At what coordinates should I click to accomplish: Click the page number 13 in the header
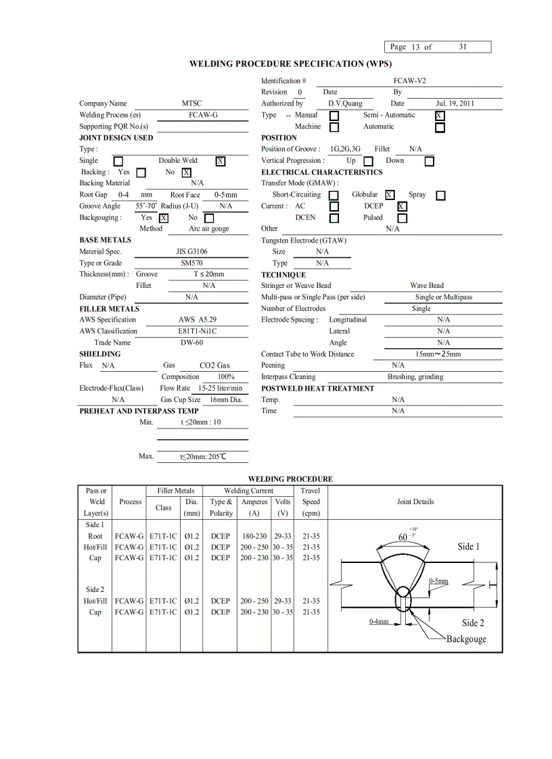click(415, 47)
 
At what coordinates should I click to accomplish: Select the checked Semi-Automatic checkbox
click(440, 116)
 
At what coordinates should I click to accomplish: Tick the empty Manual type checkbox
click(334, 116)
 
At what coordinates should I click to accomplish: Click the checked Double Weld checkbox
click(221, 161)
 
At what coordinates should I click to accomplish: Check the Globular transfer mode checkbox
click(389, 195)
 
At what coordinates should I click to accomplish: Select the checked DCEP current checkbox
click(402, 207)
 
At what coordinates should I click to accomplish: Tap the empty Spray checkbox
click(440, 195)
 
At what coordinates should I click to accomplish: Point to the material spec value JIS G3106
click(191, 251)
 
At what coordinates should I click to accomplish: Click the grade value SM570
click(191, 263)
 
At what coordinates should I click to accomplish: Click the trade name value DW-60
click(191, 343)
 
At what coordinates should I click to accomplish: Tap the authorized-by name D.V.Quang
click(345, 103)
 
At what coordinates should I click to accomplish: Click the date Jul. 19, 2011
click(455, 103)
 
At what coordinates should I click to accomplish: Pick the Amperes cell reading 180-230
click(254, 536)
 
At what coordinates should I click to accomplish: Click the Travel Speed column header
click(310, 501)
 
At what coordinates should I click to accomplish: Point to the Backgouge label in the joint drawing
click(466, 639)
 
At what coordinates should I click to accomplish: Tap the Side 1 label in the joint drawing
click(468, 546)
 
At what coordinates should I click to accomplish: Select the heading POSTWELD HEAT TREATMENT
click(317, 388)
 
